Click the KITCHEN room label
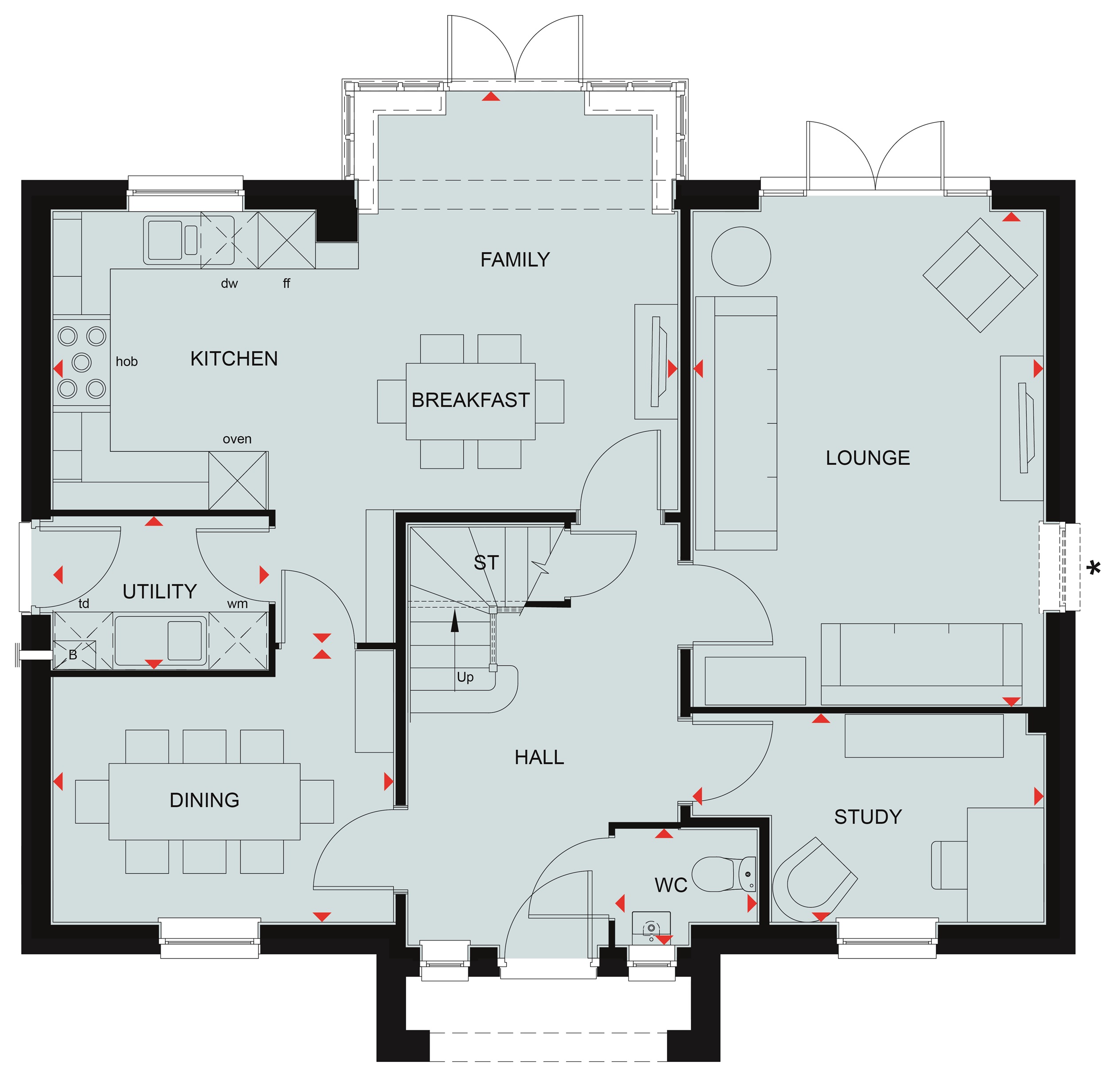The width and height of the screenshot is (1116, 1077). (x=234, y=359)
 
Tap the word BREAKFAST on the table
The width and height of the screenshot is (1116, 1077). (x=471, y=400)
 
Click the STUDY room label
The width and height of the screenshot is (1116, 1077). (x=868, y=817)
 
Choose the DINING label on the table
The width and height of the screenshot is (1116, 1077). (x=205, y=800)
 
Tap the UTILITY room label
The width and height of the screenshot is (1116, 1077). (x=160, y=592)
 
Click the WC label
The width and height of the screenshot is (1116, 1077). (x=671, y=885)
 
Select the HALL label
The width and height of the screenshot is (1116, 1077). (x=539, y=757)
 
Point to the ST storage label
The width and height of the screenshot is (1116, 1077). (x=486, y=562)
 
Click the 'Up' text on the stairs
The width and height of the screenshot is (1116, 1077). (x=465, y=678)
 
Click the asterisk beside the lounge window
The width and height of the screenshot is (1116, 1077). (x=1094, y=568)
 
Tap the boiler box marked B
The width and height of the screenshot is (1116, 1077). (x=74, y=655)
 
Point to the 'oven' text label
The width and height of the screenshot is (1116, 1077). (x=237, y=439)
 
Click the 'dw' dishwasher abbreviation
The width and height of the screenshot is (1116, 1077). (x=229, y=283)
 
